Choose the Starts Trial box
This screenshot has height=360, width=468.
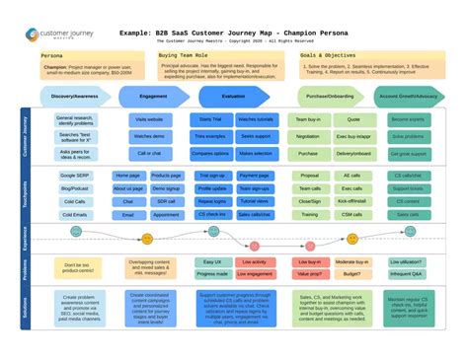click(211, 119)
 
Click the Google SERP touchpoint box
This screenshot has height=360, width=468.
click(72, 175)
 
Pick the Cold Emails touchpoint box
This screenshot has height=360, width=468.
click(72, 214)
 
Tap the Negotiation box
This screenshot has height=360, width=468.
click(308, 137)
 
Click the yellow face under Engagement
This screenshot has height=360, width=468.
click(147, 239)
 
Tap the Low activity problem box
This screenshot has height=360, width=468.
click(254, 262)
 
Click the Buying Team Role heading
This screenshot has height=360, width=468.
click(183, 57)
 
